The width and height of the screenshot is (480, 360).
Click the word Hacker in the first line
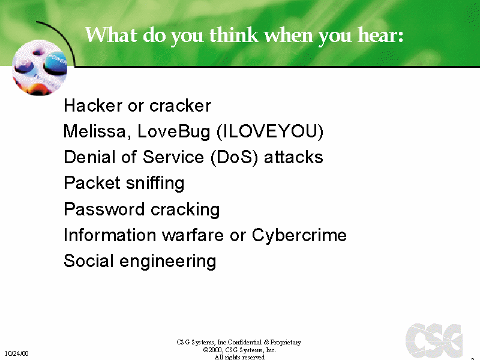coord(93,106)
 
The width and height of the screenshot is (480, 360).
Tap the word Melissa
coord(95,131)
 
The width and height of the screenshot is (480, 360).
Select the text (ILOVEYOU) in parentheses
coord(269,131)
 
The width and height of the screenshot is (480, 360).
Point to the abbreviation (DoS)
coord(234,157)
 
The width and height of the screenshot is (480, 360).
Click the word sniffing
coord(155,184)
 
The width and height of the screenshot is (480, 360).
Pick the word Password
coord(104,209)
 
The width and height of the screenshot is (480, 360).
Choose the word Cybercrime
coord(299,235)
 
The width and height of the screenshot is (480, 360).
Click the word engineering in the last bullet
coord(168,262)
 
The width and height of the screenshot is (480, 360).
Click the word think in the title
coord(234,35)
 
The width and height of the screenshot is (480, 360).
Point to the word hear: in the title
coord(380,35)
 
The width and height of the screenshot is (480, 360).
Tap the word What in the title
coord(111,35)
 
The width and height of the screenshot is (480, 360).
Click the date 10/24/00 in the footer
coord(17,353)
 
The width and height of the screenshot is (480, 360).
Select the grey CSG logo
coord(434,340)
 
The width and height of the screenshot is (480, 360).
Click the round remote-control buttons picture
coord(40,68)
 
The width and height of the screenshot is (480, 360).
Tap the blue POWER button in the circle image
coord(56,64)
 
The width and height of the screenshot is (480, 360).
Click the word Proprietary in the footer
coord(286,342)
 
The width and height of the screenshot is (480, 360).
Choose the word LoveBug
coord(174,132)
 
